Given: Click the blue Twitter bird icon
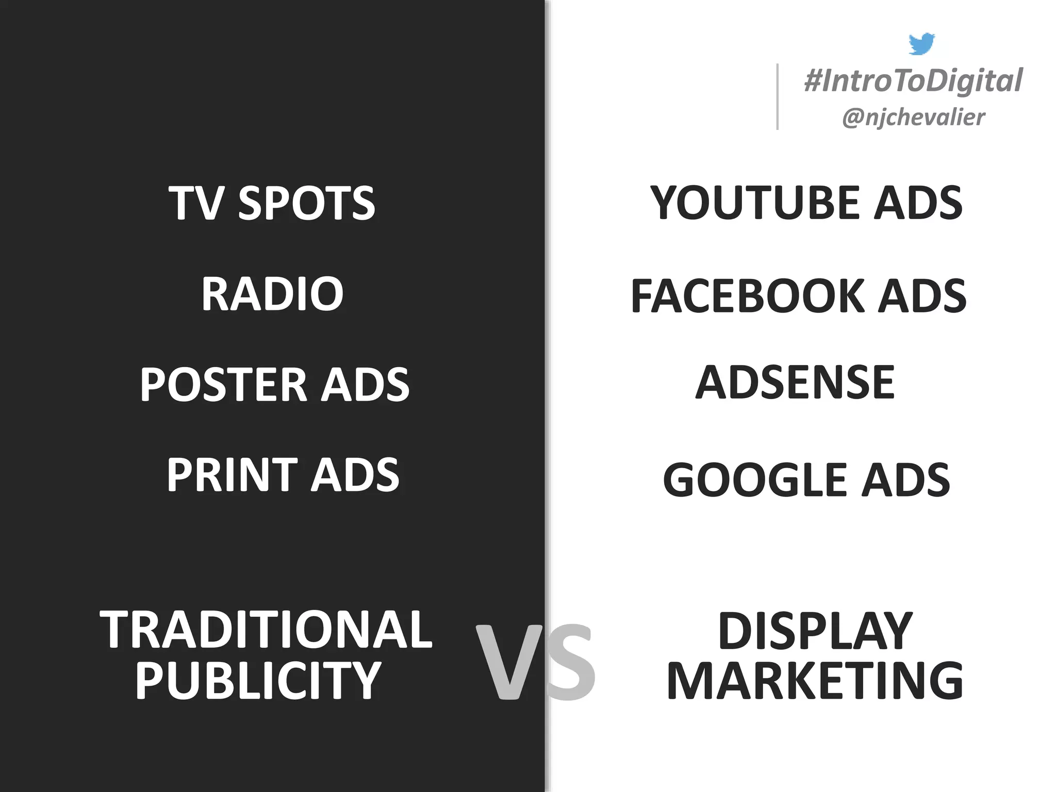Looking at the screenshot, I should tap(921, 44).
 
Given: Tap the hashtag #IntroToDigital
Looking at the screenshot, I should tap(913, 81).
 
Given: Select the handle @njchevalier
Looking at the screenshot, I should tap(913, 118).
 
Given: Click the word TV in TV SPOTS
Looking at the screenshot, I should tap(194, 203).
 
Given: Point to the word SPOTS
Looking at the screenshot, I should tap(306, 203).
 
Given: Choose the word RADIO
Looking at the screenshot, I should tap(272, 294).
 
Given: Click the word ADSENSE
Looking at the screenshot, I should tap(795, 382).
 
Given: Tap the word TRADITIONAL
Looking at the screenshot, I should tap(266, 630).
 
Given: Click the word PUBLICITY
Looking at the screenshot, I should tap(258, 681).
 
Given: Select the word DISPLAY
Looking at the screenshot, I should tap(815, 631).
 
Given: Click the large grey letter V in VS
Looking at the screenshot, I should tap(510, 662).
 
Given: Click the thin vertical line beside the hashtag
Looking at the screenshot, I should tap(778, 96).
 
